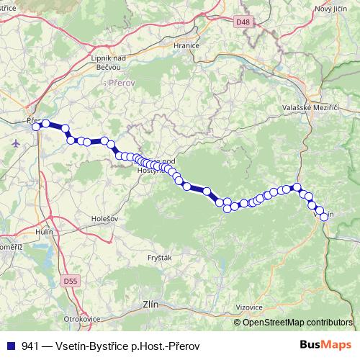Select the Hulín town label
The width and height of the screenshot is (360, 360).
[46, 232]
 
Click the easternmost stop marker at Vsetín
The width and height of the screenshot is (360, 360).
[324, 216]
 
